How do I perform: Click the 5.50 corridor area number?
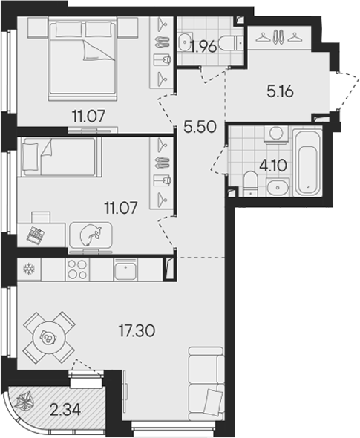[x=198, y=127]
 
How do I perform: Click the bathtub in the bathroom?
[x=307, y=163]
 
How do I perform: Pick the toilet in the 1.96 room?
[x=236, y=43]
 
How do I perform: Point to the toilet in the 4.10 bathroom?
[x=250, y=182]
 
